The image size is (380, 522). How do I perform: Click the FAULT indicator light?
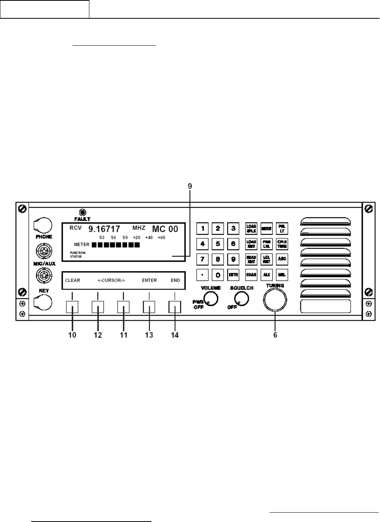pos(82,212)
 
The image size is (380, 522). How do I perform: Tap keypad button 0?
pos(218,275)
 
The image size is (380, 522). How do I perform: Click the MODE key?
pos(267,228)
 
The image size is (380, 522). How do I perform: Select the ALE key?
pos(267,275)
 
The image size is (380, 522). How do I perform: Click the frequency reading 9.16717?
pos(104,229)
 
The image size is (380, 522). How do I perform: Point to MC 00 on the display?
pos(165,229)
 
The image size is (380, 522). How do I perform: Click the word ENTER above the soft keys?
pos(149,280)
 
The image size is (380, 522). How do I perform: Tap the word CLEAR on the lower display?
pos(73,280)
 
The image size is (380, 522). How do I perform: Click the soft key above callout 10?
pos(72,307)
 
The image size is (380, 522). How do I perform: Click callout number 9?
pos(190,186)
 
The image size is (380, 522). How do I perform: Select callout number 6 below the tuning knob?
pos(275,335)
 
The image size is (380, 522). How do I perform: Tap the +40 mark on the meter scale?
pos(149,237)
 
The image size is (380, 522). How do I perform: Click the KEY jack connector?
pos(43,302)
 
